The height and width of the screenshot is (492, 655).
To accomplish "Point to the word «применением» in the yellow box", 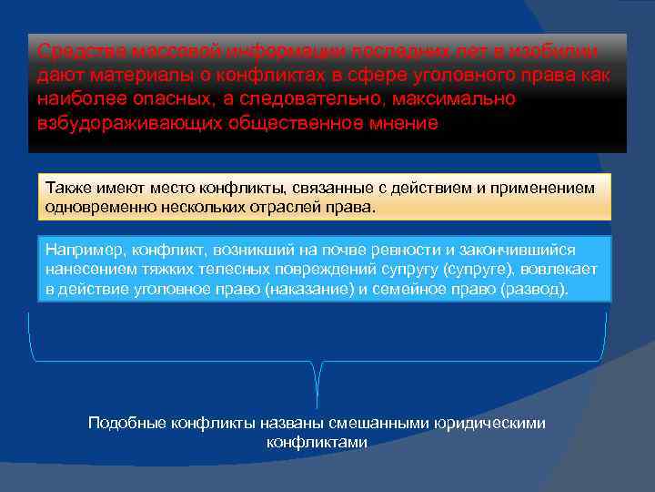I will coord(545,188).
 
